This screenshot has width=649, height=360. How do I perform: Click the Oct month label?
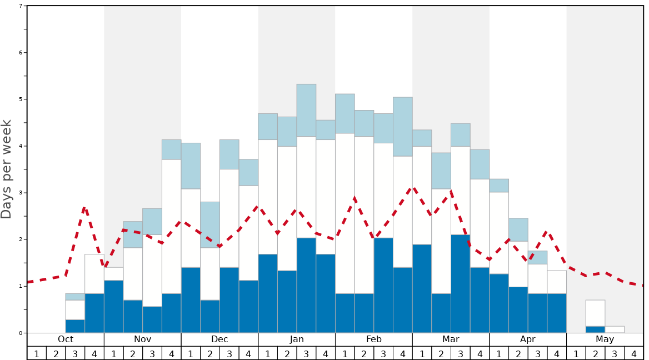[66, 339]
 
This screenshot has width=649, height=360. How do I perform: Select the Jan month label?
[297, 339]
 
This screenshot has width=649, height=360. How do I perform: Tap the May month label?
[605, 339]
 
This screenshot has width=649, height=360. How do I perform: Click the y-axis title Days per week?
[7, 169]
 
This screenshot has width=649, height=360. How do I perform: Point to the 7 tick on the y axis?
[21, 6]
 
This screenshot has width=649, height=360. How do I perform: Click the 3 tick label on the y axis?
[21, 193]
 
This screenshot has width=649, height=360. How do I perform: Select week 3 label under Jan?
[306, 353]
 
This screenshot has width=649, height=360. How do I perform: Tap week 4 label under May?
[633, 353]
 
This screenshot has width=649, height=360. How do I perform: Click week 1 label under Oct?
[37, 353]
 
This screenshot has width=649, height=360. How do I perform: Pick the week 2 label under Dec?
[210, 353]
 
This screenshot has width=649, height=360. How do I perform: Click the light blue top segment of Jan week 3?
[306, 110]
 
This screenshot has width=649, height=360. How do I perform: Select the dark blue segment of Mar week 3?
[460, 283]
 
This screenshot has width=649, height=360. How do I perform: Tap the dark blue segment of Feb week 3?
[383, 285]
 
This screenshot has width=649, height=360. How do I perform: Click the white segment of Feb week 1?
[345, 213]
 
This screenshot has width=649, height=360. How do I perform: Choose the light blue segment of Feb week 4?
[402, 127]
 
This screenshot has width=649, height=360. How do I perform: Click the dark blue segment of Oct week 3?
[75, 326]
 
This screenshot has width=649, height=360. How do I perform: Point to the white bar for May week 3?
[614, 329]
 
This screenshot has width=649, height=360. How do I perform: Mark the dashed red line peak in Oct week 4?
[84, 208]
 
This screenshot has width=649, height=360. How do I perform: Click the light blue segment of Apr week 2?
[518, 229]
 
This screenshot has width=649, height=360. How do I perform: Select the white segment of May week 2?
[595, 313]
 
